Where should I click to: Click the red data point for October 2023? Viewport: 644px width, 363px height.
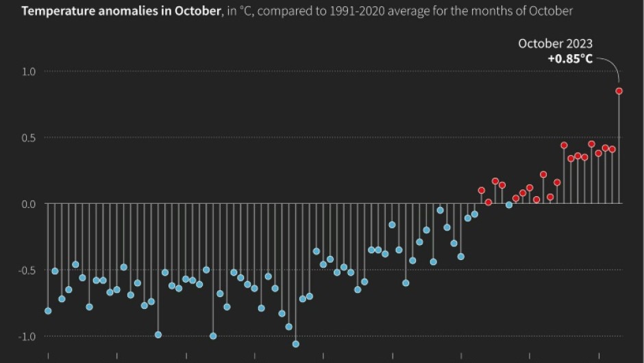coord(619,91)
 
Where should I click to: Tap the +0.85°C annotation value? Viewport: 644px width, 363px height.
coord(570,59)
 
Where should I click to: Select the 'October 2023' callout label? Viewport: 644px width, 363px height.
coord(555,44)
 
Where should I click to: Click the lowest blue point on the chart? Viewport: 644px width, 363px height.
coord(296,344)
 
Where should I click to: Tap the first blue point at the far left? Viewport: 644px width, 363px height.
coord(48,311)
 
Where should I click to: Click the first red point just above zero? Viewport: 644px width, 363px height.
coord(481,190)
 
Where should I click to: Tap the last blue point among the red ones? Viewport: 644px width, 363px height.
coord(508,205)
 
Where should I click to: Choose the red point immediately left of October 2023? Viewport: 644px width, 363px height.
coord(612,149)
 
